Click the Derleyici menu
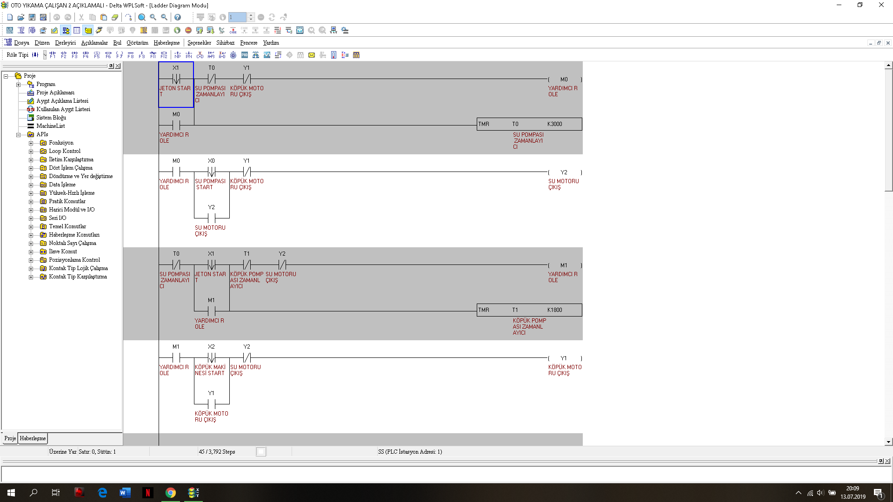coord(65,43)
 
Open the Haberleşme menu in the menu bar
coord(167,43)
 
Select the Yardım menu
coord(271,43)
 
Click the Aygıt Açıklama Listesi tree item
coord(62,101)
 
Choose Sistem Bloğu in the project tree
coord(51,118)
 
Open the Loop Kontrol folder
coord(65,151)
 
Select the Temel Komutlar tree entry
coord(67,226)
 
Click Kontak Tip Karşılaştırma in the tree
coord(78,277)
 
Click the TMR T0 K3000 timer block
coord(529,124)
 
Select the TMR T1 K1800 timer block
coord(529,310)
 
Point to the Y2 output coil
coord(565,172)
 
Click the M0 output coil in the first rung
coord(565,79)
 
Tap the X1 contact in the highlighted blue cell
coord(176,79)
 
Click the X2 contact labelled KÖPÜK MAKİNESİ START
coord(212,358)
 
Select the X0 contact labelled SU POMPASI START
coord(212,172)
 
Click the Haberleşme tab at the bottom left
coord(33,438)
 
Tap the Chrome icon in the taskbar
coord(171,493)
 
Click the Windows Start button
coord(11,493)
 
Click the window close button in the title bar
coord(881,5)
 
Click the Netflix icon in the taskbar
coord(148,493)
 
